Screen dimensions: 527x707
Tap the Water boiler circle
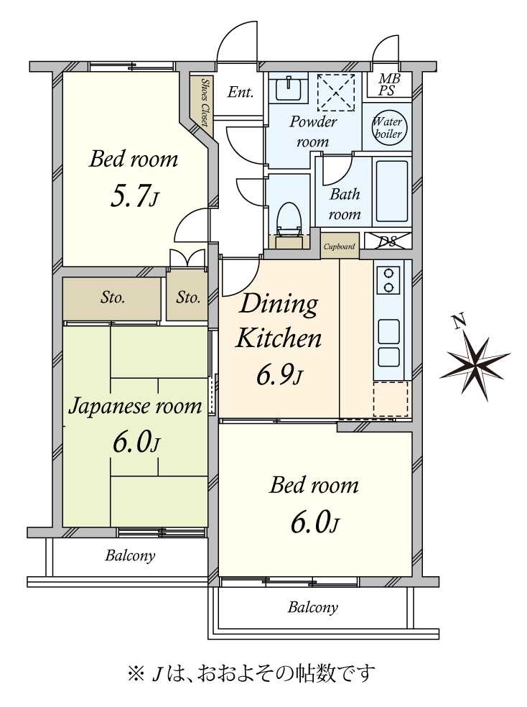(x=388, y=128)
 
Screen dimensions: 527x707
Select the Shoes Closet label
(x=204, y=102)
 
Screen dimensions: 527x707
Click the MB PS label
(x=388, y=85)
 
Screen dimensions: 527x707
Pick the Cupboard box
(x=340, y=246)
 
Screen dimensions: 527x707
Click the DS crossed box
(x=388, y=241)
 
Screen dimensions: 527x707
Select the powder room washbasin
(x=289, y=88)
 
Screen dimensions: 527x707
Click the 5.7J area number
(x=134, y=197)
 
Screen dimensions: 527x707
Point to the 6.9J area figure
(x=279, y=375)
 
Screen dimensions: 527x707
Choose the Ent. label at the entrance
(x=240, y=92)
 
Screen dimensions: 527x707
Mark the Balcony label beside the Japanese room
(x=130, y=555)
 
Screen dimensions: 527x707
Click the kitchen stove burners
(x=388, y=280)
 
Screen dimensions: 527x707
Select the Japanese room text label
(x=135, y=406)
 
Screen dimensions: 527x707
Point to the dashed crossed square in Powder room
(x=336, y=93)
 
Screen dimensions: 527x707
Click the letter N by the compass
(x=459, y=322)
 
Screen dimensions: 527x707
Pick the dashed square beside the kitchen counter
(x=391, y=399)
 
